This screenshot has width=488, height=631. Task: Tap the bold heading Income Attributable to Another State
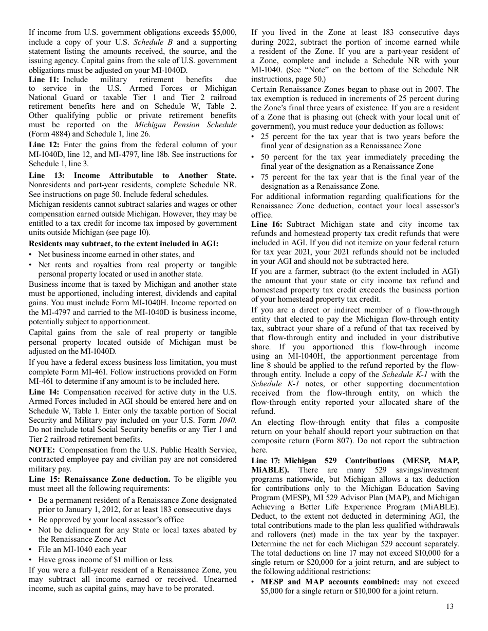[155, 175]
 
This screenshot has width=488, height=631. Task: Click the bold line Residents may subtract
[123, 244]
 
